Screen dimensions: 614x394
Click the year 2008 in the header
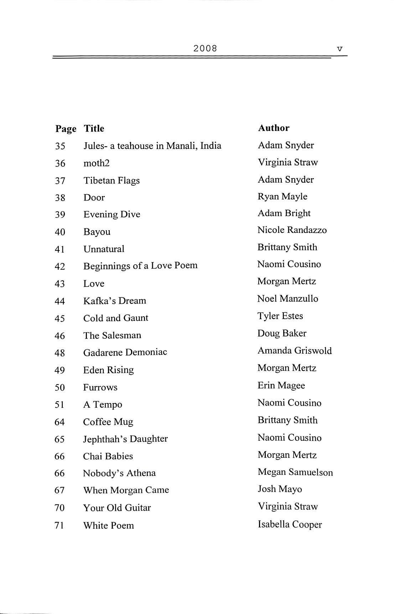coord(205,48)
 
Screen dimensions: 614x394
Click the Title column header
coord(94,128)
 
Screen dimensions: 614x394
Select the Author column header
coord(274,128)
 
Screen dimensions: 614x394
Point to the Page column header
coord(66,129)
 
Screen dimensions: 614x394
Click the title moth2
coord(96,163)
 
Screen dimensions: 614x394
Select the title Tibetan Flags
coord(111,180)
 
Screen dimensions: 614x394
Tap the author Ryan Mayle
coord(282,196)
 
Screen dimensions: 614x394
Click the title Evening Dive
coord(112,214)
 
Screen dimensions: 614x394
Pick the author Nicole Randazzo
coord(292,230)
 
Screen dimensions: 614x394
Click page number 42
coord(60,266)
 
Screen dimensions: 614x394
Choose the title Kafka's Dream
coord(114,301)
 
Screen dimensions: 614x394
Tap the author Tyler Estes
coord(280,316)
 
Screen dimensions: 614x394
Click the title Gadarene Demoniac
coord(125,352)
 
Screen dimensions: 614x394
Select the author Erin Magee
coord(281,386)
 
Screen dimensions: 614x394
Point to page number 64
coord(59,422)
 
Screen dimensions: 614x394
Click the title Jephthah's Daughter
coord(125,439)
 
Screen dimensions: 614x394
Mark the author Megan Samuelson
coord(295,472)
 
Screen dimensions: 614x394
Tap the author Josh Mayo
coord(280,489)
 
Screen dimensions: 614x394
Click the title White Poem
coord(108,525)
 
